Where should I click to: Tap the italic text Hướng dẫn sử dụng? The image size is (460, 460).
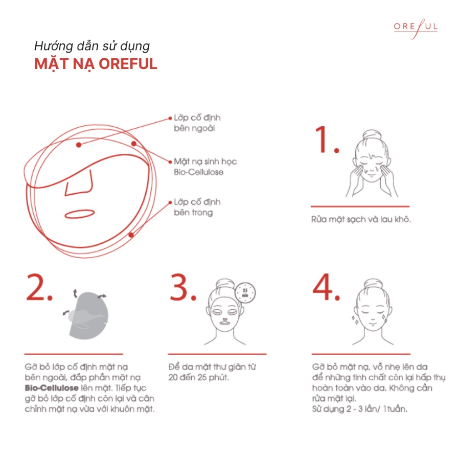[92, 46]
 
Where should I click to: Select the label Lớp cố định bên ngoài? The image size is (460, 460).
[197, 123]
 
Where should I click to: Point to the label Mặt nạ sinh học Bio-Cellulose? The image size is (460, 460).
[205, 167]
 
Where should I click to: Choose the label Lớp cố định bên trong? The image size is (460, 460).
[197, 207]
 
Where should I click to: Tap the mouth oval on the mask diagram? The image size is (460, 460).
[80, 212]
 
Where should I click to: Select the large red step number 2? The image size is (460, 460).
[39, 289]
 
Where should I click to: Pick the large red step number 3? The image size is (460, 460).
[183, 289]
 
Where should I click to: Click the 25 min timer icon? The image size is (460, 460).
[245, 291]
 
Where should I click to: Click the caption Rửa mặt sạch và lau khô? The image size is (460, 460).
[361, 220]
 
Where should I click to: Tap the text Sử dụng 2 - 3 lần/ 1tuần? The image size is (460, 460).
[359, 409]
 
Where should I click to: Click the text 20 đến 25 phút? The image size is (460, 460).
[199, 378]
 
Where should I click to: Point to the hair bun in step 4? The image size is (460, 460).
[371, 284]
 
